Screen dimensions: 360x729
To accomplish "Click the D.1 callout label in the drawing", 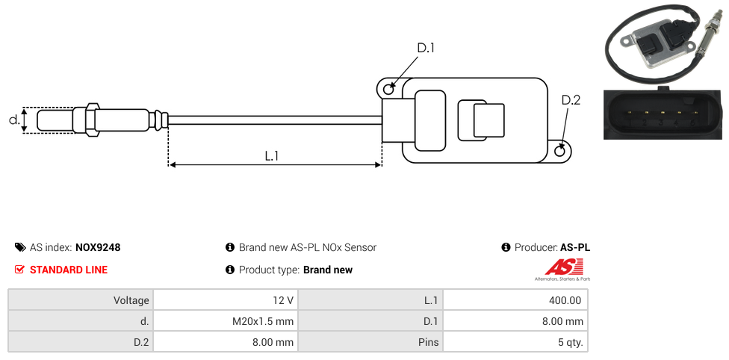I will (426, 49).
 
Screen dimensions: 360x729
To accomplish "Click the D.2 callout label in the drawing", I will (571, 101).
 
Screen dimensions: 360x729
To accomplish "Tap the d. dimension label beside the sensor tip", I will (13, 120).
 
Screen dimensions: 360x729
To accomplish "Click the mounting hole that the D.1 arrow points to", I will (388, 90).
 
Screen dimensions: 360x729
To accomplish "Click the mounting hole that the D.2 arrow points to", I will (561, 152).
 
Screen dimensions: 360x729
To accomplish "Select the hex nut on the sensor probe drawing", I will (93, 120).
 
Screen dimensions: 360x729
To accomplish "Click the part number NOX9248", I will (98, 247).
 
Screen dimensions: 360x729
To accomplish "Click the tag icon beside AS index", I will (20, 247).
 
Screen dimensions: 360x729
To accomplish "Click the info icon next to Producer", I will (506, 247).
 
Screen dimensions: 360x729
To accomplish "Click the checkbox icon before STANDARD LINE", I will (20, 270).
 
